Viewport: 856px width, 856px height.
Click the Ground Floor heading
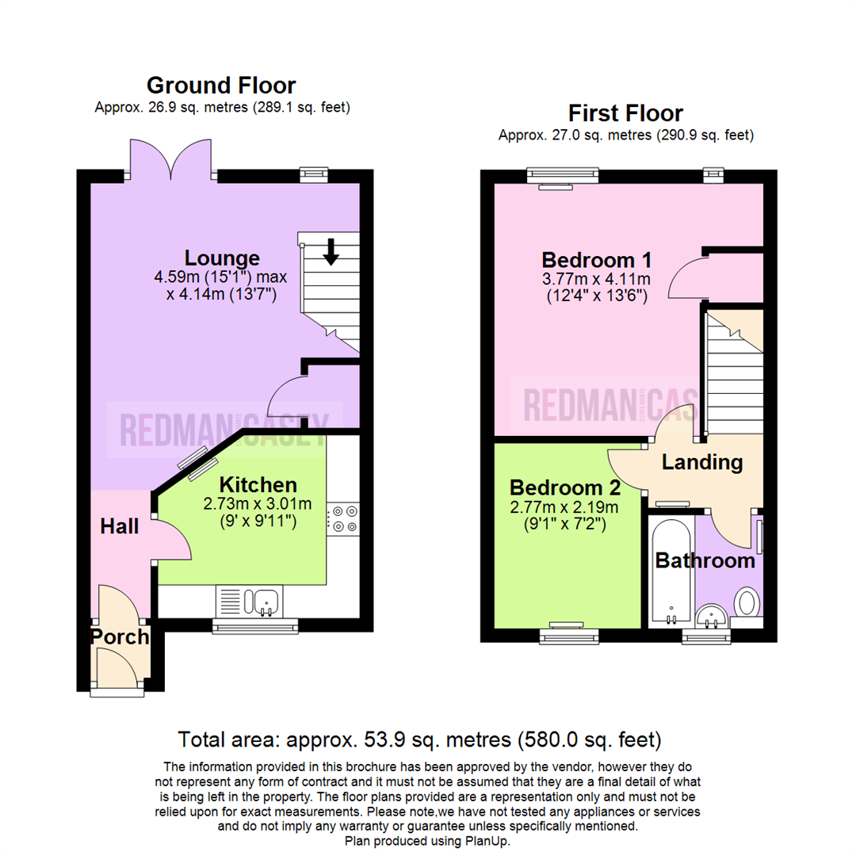click(x=221, y=85)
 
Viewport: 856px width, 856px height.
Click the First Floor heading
click(x=625, y=113)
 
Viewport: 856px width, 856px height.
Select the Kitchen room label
click(x=258, y=484)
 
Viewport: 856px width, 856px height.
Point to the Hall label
click(x=120, y=526)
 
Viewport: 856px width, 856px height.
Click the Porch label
click(x=120, y=636)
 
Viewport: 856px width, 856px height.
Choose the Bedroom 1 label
click(x=597, y=259)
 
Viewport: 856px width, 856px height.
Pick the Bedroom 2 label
click(x=564, y=487)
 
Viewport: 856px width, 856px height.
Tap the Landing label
click(x=702, y=462)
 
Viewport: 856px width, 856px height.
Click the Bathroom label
click(x=705, y=561)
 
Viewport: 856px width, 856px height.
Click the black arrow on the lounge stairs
click(x=331, y=251)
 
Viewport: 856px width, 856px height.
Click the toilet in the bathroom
click(x=746, y=602)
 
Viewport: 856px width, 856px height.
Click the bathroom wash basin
click(x=711, y=615)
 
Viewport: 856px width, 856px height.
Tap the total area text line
click(x=419, y=740)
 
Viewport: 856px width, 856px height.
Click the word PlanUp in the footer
click(x=488, y=841)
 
